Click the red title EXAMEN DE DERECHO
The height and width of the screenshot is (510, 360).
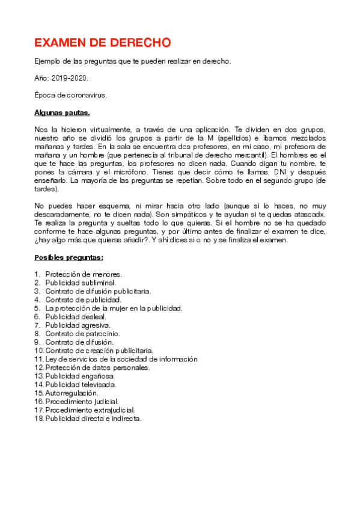pos(102,43)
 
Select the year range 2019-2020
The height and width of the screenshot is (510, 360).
pos(69,78)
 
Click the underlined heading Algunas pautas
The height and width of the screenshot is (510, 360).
pos(62,112)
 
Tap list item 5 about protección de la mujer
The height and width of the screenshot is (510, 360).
pos(114,308)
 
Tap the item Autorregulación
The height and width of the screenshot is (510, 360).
pos(72,393)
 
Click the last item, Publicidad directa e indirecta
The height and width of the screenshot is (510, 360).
pos(93,419)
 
